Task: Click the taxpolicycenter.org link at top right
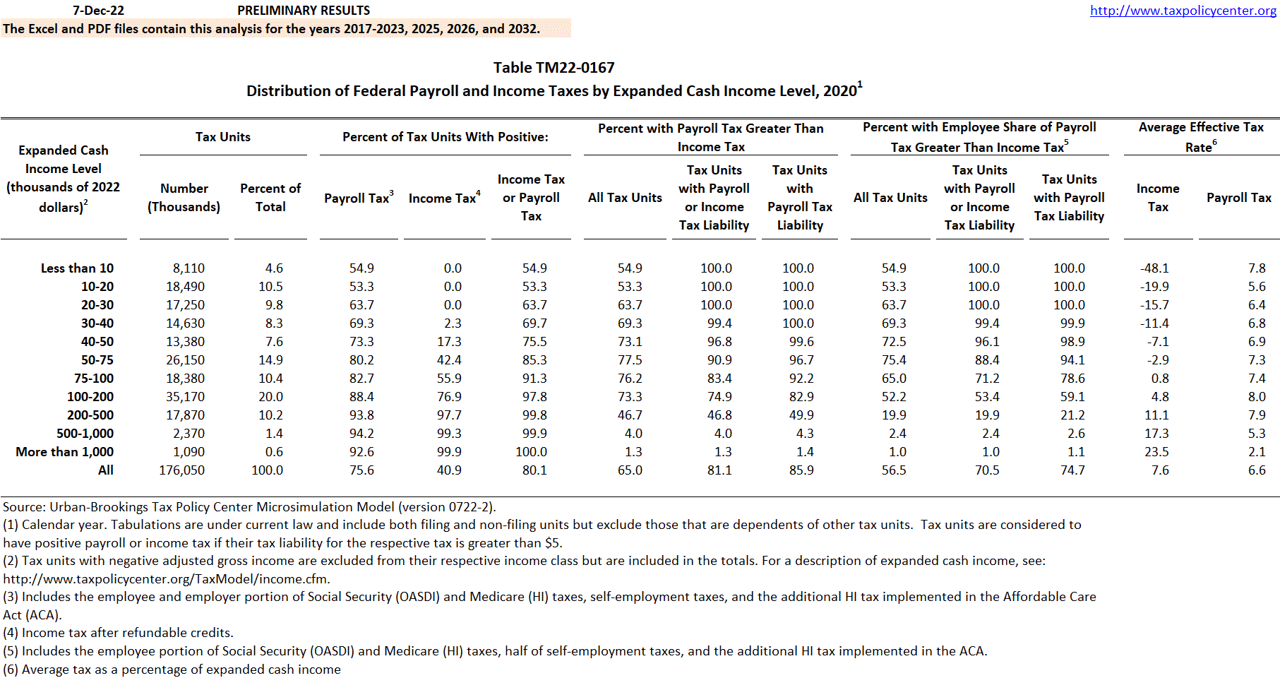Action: pyautogui.click(x=1183, y=11)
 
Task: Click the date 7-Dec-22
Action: pyautogui.click(x=98, y=11)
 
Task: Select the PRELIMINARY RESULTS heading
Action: pyautogui.click(x=304, y=11)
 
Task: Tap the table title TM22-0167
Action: pyautogui.click(x=554, y=68)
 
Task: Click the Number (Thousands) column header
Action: pyautogui.click(x=184, y=198)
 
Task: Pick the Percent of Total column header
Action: pyautogui.click(x=270, y=198)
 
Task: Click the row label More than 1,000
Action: pyautogui.click(x=65, y=452)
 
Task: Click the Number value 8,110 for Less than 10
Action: pyautogui.click(x=189, y=268)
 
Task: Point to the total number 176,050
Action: pyautogui.click(x=181, y=470)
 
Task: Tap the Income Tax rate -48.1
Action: pyautogui.click(x=1154, y=268)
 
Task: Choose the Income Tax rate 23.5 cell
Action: pyautogui.click(x=1156, y=452)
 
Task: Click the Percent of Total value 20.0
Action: pyautogui.click(x=270, y=397)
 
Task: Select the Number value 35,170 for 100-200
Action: pyautogui.click(x=185, y=397)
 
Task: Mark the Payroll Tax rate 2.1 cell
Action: pyautogui.click(x=1257, y=452)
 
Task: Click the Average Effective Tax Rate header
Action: pyautogui.click(x=1201, y=136)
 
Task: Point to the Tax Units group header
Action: pyautogui.click(x=223, y=137)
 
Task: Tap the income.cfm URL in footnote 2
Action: pyautogui.click(x=167, y=579)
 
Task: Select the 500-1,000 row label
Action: pyautogui.click(x=85, y=434)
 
